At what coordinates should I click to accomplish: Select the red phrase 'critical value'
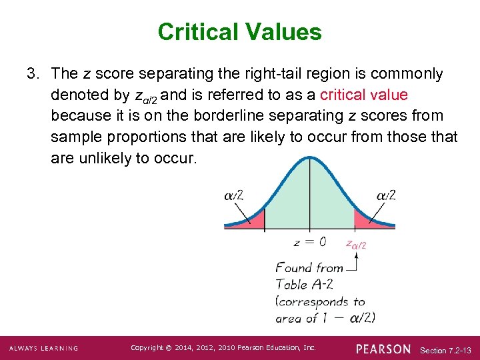364,95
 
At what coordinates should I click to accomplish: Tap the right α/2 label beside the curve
386,195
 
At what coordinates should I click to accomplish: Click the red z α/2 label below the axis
356,244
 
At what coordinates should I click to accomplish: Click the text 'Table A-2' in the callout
300,283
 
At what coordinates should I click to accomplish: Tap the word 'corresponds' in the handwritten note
313,301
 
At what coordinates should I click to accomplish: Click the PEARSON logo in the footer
383,349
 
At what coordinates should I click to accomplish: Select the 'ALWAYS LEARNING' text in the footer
44,349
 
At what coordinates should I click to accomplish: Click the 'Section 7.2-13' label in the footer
446,349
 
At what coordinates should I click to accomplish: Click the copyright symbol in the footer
169,348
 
